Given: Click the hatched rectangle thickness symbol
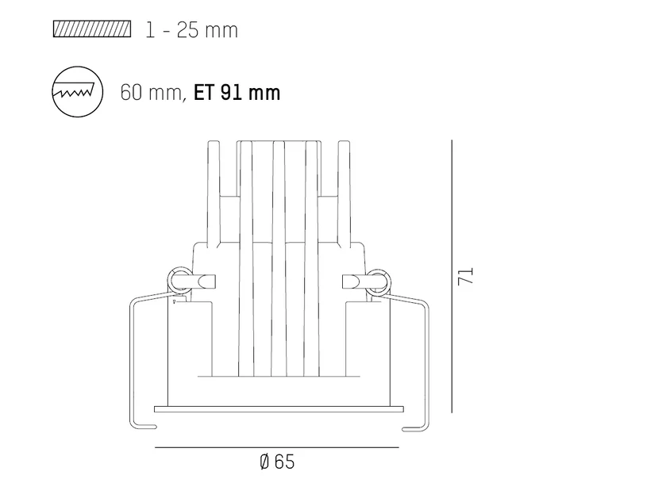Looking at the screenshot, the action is point(92,29).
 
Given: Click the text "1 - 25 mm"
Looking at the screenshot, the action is point(191,30).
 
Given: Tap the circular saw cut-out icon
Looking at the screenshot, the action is point(77,92).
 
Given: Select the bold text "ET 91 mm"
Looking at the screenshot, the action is point(237,93).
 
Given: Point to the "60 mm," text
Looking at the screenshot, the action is point(153,93).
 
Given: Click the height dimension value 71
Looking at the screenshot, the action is point(466,276).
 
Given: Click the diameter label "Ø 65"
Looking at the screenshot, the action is point(277,462).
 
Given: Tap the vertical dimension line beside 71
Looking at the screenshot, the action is point(452,276).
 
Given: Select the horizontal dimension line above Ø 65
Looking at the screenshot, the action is point(277,447).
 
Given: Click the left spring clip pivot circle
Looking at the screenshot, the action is point(179,281).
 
